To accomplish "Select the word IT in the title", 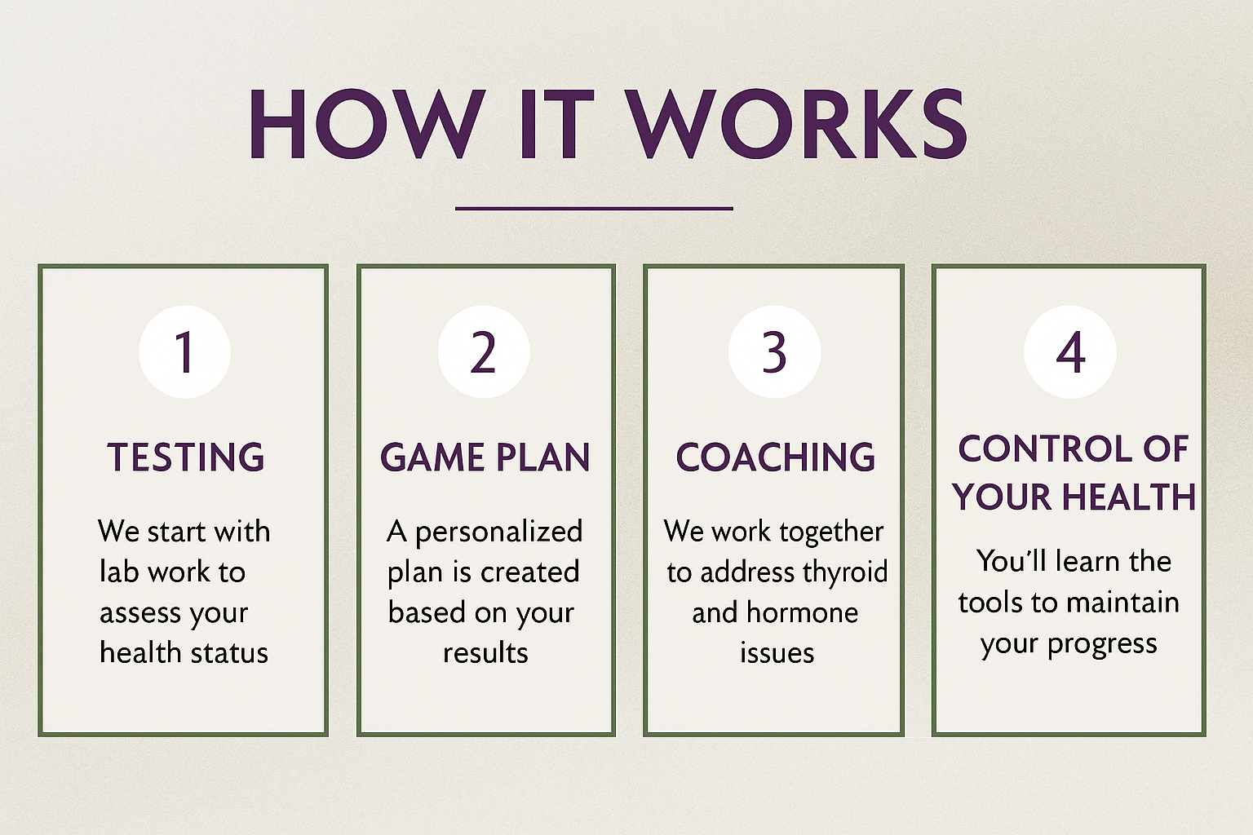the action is [x=552, y=125].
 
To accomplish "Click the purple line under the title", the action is [x=594, y=209].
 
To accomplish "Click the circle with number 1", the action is [x=184, y=352].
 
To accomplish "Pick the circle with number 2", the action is [x=484, y=352].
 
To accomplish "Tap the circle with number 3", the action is [x=774, y=352].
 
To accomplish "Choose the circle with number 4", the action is [x=1070, y=352].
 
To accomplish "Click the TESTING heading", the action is [x=186, y=457].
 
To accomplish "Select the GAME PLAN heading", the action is [x=485, y=457].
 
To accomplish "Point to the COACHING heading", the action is [x=775, y=457].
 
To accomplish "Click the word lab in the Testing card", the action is [x=119, y=572].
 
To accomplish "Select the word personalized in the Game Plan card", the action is [x=498, y=532].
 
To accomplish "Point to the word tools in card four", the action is [x=990, y=603].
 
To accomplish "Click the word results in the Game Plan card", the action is [x=485, y=653].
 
